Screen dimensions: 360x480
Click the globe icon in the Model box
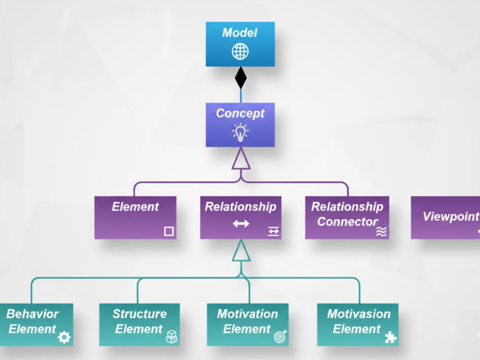[x=240, y=52]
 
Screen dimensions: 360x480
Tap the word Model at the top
[x=240, y=33]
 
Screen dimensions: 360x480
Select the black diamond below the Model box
[x=241, y=77]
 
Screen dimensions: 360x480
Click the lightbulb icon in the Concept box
[x=240, y=132]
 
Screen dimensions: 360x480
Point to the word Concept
[x=240, y=113]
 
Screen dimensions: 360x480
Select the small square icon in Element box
[x=169, y=231]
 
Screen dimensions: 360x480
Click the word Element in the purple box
[x=135, y=207]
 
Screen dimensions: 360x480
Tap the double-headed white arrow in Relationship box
[x=241, y=224]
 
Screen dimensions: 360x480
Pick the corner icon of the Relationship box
[x=273, y=232]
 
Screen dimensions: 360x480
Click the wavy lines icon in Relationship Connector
[x=381, y=232]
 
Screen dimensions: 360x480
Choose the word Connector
[x=347, y=222]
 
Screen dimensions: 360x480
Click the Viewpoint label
[x=451, y=217]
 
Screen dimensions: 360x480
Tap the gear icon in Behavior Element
[x=64, y=338]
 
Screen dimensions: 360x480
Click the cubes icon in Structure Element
[x=172, y=337]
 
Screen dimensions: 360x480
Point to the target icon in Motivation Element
[x=280, y=337]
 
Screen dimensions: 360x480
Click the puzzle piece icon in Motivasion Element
[x=391, y=338]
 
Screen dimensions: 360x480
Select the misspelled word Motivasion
[x=358, y=314]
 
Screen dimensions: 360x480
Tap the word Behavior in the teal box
[x=33, y=314]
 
